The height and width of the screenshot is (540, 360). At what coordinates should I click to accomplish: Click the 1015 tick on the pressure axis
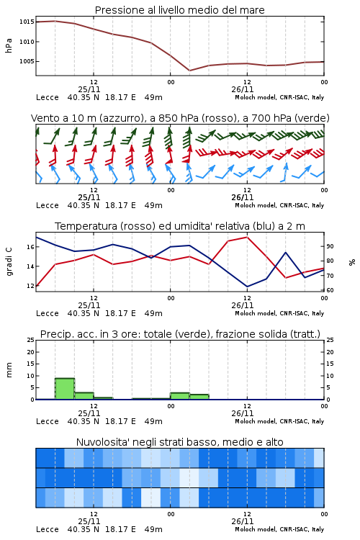click(x=27, y=22)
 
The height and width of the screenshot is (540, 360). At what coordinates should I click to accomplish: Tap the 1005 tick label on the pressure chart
click(x=27, y=61)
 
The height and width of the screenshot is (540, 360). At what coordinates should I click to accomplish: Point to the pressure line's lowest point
click(x=190, y=71)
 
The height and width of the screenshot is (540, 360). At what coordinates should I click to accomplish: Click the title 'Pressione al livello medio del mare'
click(x=180, y=10)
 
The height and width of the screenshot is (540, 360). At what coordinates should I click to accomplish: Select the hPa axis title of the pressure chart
click(x=9, y=45)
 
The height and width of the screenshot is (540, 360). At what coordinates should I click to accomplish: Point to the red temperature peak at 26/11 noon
click(x=247, y=237)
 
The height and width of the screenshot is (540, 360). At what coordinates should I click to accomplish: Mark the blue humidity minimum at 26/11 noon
click(x=247, y=287)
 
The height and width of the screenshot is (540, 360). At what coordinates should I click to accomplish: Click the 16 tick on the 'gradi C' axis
click(x=30, y=247)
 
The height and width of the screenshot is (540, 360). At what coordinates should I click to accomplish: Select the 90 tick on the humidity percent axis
click(x=330, y=246)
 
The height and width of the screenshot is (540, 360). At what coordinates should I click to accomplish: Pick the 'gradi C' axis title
click(x=9, y=261)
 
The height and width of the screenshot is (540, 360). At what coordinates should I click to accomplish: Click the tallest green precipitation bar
click(x=65, y=389)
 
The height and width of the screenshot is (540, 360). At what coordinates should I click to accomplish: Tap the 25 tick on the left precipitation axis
click(x=30, y=340)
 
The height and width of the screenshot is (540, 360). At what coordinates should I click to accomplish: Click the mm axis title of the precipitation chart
click(x=9, y=370)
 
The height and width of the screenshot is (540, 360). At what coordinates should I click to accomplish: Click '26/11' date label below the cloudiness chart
click(x=243, y=521)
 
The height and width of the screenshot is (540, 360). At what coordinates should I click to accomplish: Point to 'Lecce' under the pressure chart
click(x=48, y=97)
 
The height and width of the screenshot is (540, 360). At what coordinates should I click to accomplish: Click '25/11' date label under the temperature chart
click(x=89, y=305)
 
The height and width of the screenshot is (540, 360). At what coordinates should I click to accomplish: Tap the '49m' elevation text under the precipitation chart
click(x=153, y=421)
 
